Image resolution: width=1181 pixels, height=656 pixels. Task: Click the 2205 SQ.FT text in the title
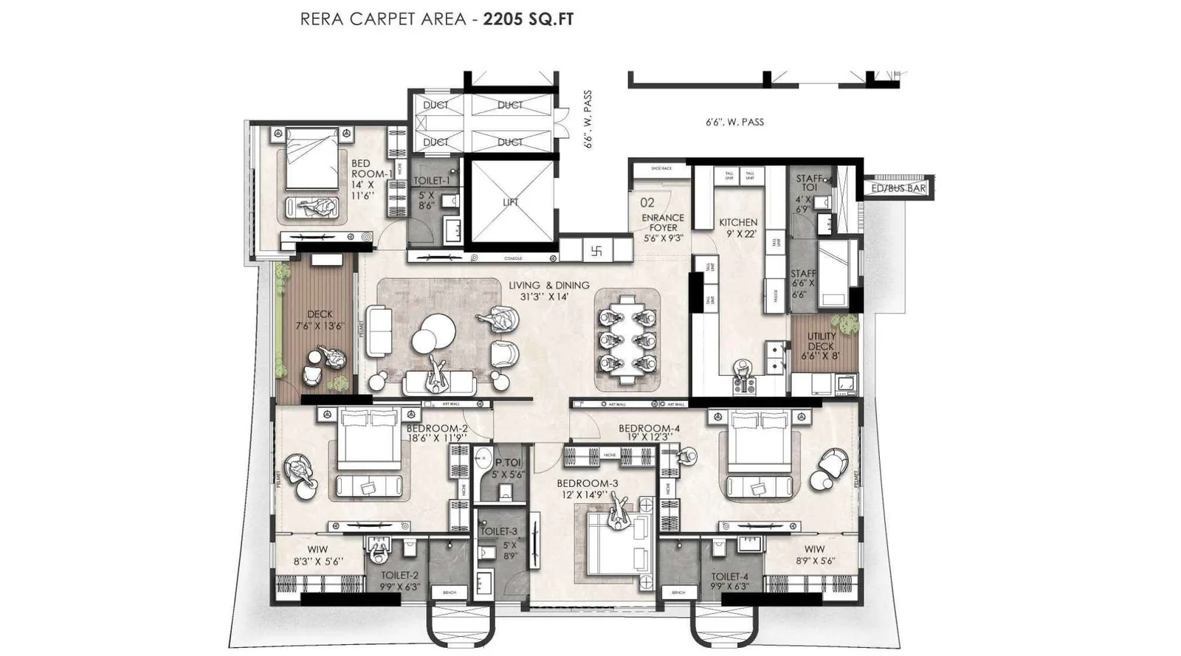coord(528,19)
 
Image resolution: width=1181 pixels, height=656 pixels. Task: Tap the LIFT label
coord(511,201)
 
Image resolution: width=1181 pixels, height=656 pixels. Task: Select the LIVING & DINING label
coord(548,290)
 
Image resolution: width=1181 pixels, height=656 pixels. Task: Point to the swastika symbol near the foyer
coord(596,250)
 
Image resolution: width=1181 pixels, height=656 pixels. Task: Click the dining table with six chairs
coord(627,339)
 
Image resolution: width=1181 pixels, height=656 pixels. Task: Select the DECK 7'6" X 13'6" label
coord(320,320)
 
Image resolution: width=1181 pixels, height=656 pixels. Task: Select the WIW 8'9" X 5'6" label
coord(814,554)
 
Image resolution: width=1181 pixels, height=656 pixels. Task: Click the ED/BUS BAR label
coord(898,188)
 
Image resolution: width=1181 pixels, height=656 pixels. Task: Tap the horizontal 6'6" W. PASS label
coord(734,122)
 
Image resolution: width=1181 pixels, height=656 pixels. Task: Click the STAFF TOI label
coord(810,183)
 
